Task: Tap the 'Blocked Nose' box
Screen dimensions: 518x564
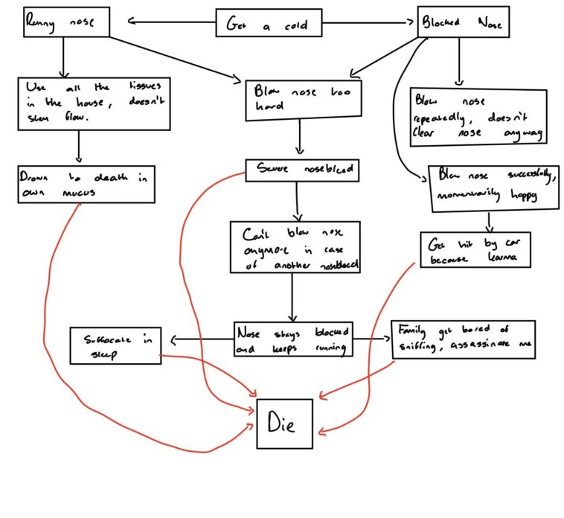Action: point(462,23)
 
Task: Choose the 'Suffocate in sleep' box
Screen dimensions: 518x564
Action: point(115,346)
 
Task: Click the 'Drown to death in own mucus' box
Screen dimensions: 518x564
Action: point(85,184)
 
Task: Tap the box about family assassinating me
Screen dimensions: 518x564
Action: point(462,339)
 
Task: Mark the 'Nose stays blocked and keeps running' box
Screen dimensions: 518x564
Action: point(292,339)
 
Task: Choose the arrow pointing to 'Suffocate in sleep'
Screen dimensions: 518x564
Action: point(201,340)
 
